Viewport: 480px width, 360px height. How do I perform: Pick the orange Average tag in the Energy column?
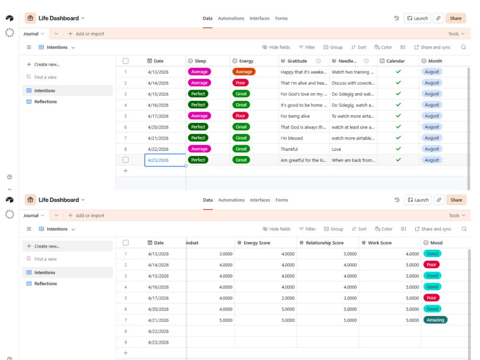[x=244, y=72]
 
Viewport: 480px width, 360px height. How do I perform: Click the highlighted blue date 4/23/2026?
[x=158, y=160]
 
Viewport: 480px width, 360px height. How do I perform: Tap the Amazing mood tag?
[x=435, y=320]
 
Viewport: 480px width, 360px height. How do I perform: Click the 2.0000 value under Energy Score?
[x=288, y=298]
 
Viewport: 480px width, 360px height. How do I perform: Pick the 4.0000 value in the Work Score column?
[x=412, y=254]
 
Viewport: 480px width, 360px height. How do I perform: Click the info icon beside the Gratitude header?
[x=318, y=61]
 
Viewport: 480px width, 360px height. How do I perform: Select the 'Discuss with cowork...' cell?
[x=353, y=83]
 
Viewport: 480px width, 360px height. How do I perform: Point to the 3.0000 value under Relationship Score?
[x=350, y=298]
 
